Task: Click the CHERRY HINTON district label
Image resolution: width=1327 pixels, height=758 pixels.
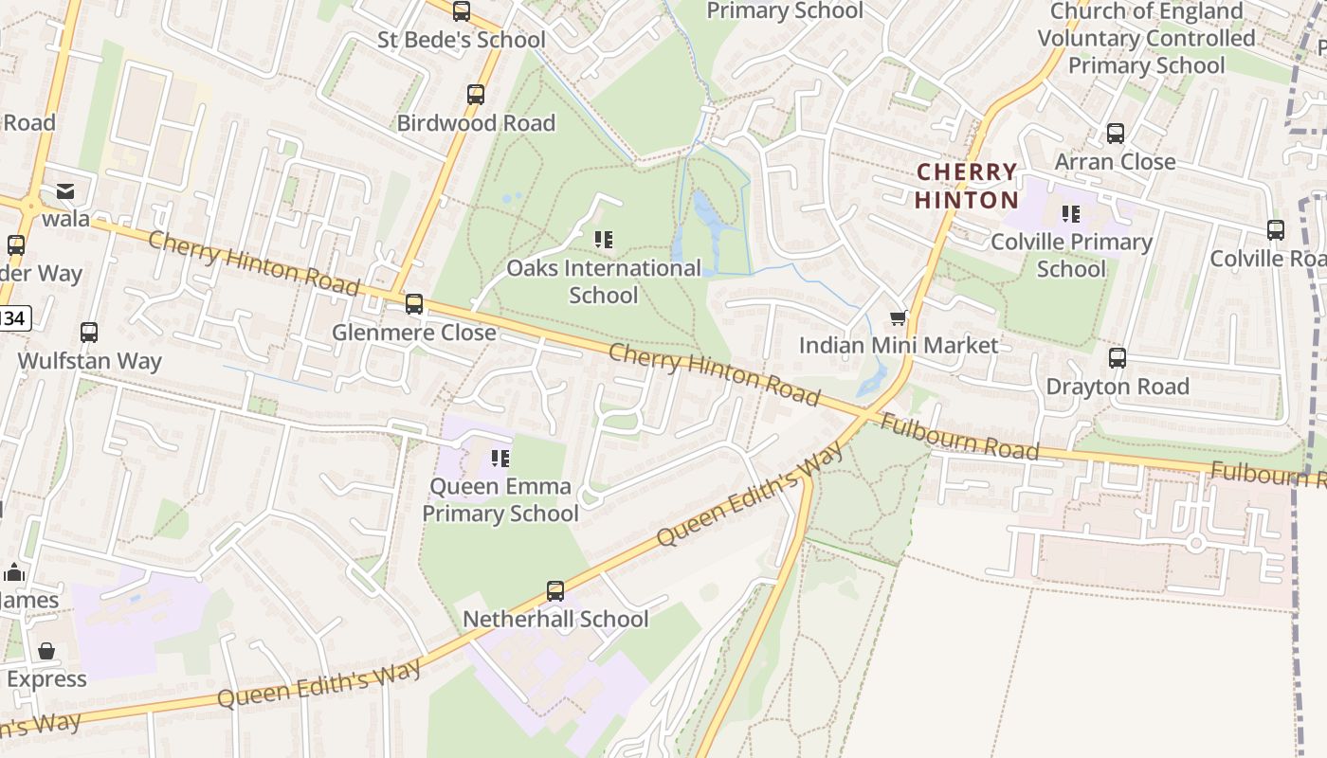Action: coord(967,186)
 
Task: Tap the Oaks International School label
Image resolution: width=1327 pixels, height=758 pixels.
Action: coord(604,281)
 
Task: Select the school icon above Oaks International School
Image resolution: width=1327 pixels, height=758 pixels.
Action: coord(604,240)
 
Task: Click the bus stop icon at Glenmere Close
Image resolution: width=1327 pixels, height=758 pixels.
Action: coord(414,304)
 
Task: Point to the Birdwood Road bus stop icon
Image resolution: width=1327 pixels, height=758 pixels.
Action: coord(476,95)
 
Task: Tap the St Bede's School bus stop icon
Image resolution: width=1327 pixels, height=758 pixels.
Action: coord(462,11)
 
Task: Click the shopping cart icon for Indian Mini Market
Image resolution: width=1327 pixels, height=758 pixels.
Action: coord(898,317)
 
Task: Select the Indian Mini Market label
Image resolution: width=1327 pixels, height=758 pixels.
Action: coord(899,345)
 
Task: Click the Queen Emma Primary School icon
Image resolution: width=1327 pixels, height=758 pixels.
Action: coord(500,460)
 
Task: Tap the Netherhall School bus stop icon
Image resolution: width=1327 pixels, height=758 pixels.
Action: coord(555,591)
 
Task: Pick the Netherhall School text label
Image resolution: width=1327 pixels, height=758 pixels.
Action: coord(555,619)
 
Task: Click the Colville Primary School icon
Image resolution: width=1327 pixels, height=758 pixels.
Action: coord(1071,214)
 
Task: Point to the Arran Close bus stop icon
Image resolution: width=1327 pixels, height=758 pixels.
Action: coord(1116,134)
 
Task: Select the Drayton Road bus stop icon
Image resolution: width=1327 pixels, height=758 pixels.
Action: coord(1118,358)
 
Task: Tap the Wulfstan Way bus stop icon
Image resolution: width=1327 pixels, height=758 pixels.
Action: coord(89,333)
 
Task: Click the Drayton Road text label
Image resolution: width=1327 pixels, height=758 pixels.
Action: coord(1118,387)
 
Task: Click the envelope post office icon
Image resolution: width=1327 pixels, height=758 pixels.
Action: coord(65,192)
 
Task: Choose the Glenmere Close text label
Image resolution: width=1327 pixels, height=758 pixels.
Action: coord(414,333)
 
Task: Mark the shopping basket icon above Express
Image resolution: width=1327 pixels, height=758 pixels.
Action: coord(46,651)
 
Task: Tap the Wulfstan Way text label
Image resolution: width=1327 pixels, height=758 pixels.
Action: coord(89,361)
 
